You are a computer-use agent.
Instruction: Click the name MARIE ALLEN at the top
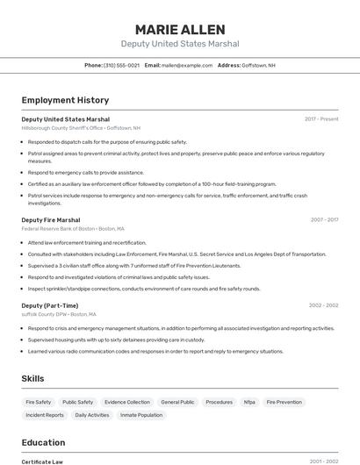[179, 29]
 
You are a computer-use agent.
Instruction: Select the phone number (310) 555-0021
[121, 65]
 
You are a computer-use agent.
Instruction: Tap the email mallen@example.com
[186, 65]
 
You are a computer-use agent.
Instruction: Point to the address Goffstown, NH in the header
[258, 65]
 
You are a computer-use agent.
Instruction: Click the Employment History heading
[65, 100]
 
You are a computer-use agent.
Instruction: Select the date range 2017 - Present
[321, 118]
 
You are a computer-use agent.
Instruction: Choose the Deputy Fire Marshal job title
[51, 220]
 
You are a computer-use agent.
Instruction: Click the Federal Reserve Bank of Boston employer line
[72, 228]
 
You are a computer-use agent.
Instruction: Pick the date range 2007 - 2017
[323, 220]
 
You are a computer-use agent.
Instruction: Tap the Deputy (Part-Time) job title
[50, 305]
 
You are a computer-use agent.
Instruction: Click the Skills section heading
[33, 378]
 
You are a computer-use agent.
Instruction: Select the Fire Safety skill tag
[39, 402]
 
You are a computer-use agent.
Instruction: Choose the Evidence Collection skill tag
[126, 402]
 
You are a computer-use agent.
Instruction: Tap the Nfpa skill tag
[249, 402]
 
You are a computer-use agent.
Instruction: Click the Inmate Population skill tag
[141, 415]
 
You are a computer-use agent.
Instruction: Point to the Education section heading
[43, 442]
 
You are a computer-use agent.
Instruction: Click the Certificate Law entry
[42, 461]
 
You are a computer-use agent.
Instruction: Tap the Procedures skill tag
[219, 402]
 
